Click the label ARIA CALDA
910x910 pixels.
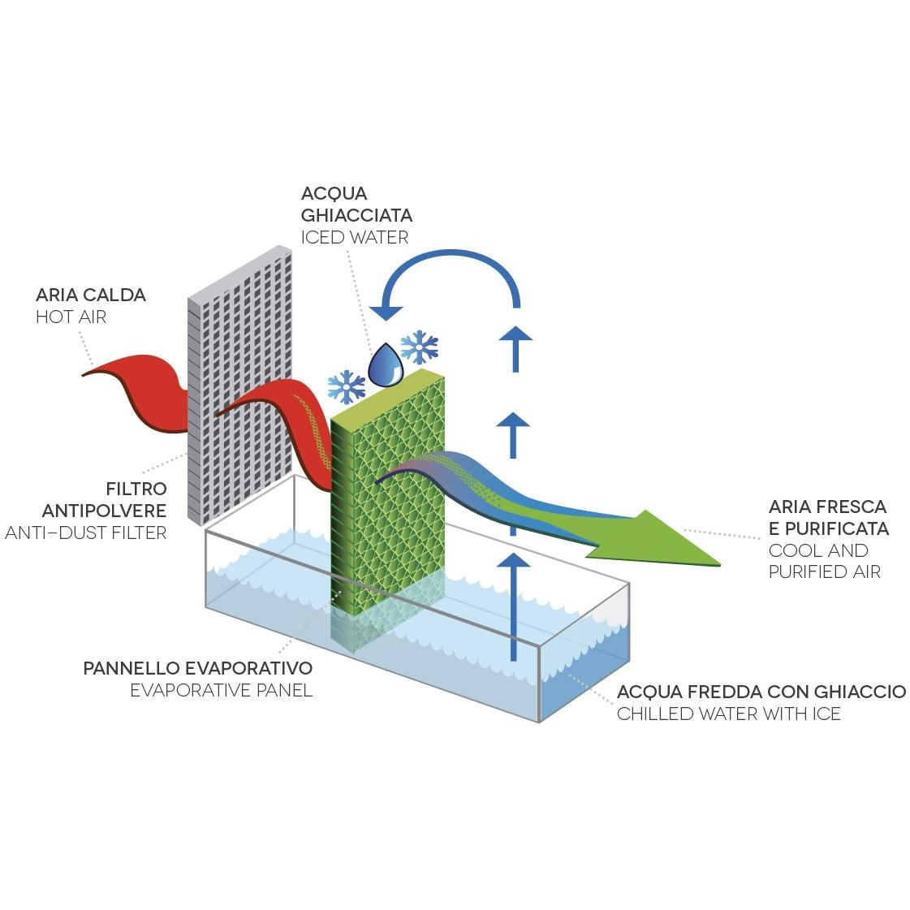(x=91, y=295)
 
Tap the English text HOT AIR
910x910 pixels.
(x=71, y=317)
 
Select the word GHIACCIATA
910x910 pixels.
(x=356, y=216)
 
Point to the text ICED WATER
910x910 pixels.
(x=355, y=238)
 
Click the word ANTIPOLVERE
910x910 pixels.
(x=105, y=511)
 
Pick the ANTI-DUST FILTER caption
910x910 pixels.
(x=86, y=533)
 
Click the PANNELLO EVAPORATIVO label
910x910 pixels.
(x=198, y=669)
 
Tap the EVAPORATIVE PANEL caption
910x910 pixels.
(x=222, y=691)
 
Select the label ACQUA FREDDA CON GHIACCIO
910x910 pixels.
(x=761, y=692)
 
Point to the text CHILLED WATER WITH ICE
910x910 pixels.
(x=728, y=714)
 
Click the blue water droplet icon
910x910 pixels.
(x=386, y=365)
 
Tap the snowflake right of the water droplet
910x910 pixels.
(x=420, y=347)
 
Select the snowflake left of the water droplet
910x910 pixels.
(x=347, y=387)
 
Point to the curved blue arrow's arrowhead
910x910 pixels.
(x=386, y=310)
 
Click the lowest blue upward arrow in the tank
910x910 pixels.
(x=512, y=605)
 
